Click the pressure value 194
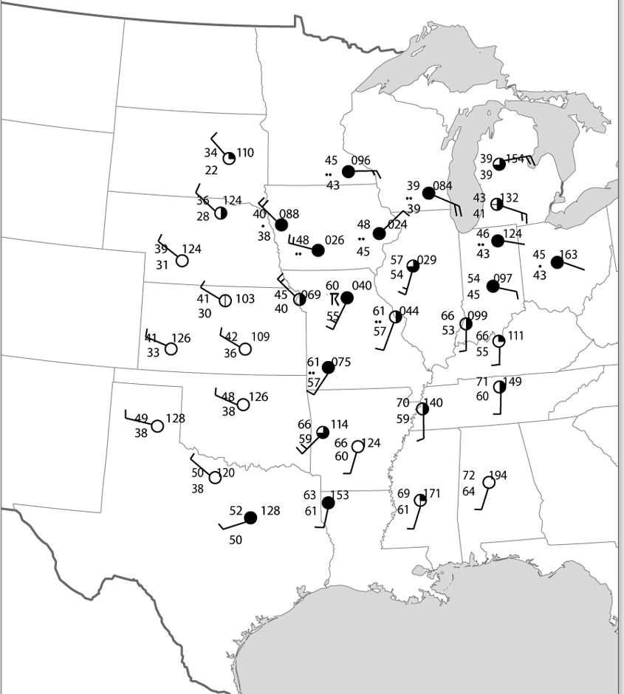pos(498,475)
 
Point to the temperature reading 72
pos(468,475)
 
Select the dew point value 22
pos(211,170)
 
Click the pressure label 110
pos(245,153)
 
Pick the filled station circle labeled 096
pos(349,171)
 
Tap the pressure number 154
pos(515,159)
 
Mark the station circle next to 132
pos(497,205)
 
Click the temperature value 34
pos(210,153)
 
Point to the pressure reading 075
pos(341,363)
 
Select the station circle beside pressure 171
pos(420,500)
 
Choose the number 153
pos(340,495)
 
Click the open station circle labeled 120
pos(215,478)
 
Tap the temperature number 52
pos(236,510)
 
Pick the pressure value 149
pos(512,382)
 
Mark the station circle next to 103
pos(225,300)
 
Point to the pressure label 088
pos(289,214)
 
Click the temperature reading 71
pos(481,382)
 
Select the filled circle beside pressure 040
pos(346,298)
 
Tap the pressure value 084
pos(443,185)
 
